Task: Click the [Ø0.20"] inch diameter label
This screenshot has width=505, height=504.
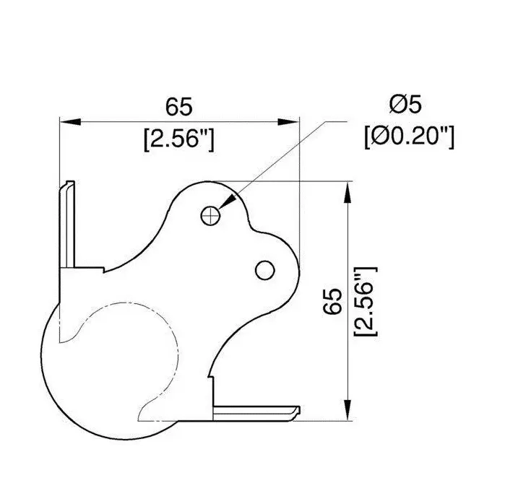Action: (409, 136)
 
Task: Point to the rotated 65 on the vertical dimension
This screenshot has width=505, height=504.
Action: (333, 300)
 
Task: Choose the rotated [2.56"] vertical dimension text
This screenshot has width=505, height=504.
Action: (366, 300)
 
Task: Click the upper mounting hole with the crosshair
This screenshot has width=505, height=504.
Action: (210, 214)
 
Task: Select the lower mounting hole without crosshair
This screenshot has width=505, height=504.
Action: (265, 269)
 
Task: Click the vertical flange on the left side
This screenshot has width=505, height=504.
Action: (68, 224)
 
